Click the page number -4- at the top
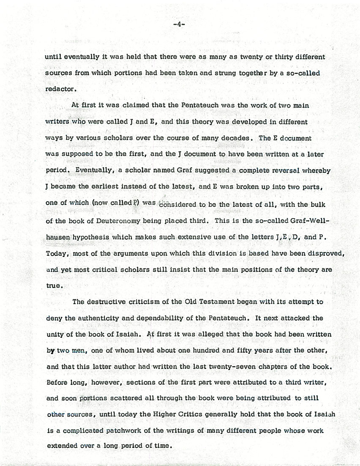(180, 25)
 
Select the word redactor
(61, 89)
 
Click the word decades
(239, 138)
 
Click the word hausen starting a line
(58, 237)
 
